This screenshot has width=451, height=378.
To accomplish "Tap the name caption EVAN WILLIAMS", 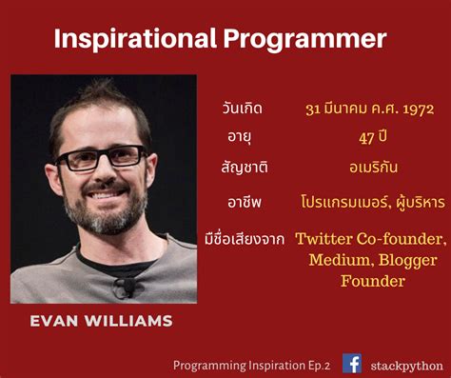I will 102,321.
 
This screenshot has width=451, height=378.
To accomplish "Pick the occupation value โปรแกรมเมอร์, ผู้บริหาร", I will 365,202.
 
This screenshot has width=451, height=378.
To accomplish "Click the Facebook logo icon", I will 352,363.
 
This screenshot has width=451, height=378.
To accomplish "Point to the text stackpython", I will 401,364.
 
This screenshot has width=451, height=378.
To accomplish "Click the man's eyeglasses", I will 107,158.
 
